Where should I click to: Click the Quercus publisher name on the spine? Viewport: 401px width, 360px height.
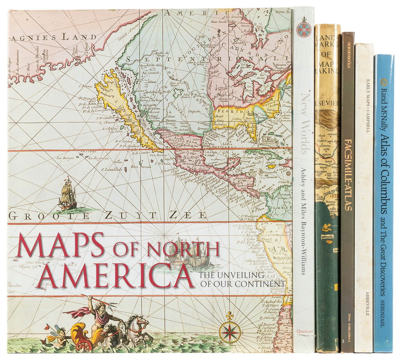tap(304, 332)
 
